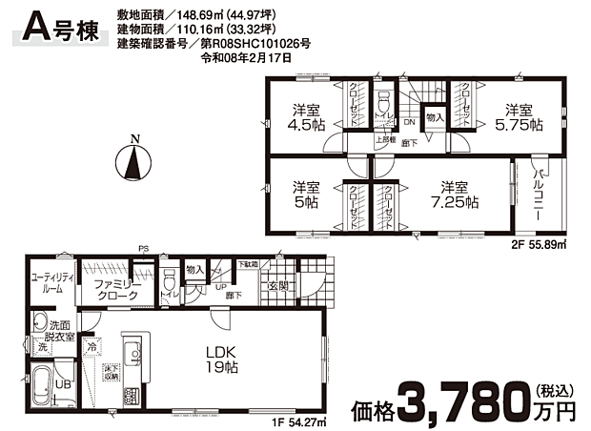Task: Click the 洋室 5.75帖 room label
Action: [x=518, y=116]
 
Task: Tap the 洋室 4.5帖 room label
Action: [x=304, y=116]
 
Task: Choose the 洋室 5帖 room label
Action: [x=304, y=195]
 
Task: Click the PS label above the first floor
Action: [x=144, y=250]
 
